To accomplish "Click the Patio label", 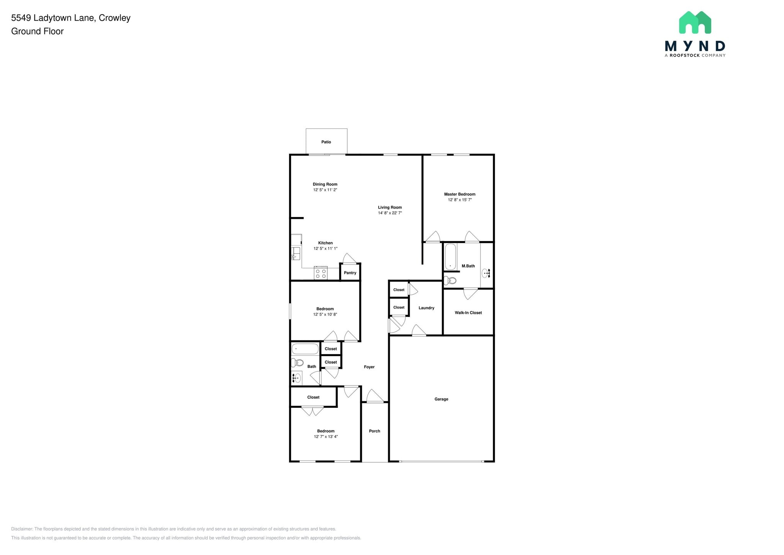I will point(326,142).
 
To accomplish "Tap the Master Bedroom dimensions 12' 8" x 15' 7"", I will point(460,200).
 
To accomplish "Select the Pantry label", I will point(350,273).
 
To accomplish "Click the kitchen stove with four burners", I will point(321,273).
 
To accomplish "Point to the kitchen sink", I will point(296,253).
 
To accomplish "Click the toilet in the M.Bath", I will point(451,280).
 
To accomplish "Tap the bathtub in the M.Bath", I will point(451,257).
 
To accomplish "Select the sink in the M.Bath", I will point(486,273).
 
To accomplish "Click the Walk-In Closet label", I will point(468,313).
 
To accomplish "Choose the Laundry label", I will point(426,308).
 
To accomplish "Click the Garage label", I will point(441,399).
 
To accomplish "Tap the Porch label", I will point(374,431).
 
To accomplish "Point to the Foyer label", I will point(369,367).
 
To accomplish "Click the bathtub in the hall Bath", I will point(305,349).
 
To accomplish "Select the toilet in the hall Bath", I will point(297,363).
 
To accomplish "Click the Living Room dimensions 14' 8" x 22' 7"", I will point(390,213).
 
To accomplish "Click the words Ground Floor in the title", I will point(37,31).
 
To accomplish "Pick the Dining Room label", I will point(325,184).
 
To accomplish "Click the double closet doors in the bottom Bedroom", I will point(312,411).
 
